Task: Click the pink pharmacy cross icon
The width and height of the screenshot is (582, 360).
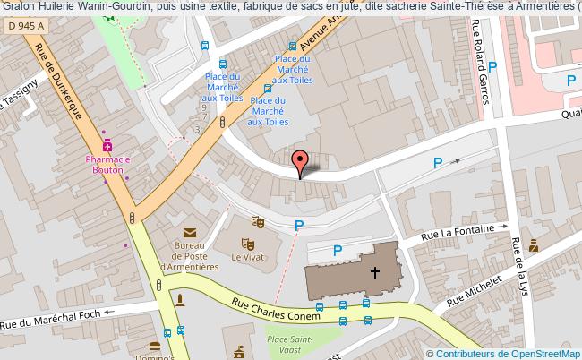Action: point(108,145)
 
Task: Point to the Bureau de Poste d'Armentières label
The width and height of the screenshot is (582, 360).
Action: point(189,254)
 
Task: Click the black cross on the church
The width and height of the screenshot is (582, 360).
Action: point(375,272)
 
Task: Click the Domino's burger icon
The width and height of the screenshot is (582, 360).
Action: point(155,347)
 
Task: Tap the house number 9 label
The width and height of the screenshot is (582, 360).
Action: point(203,107)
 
